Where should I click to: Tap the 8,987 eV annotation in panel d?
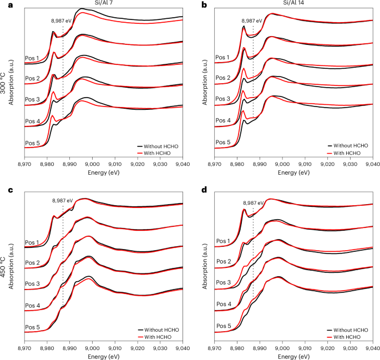(254, 203)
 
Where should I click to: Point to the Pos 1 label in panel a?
(32, 58)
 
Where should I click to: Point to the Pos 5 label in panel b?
(222, 142)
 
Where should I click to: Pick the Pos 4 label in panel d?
(222, 305)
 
